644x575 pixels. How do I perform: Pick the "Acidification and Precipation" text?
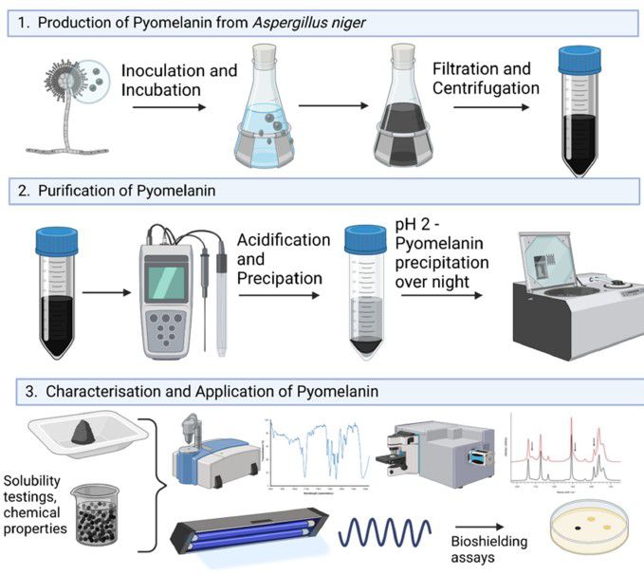[283, 259]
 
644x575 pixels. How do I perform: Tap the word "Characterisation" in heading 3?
[103, 390]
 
